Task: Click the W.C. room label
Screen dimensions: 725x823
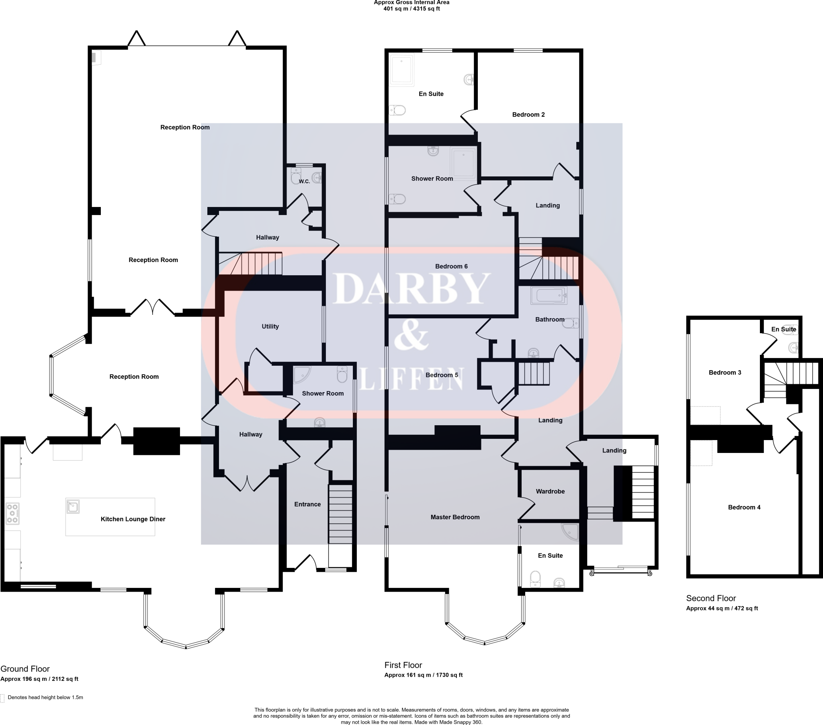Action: coord(304,181)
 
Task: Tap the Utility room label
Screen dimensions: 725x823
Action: coord(270,326)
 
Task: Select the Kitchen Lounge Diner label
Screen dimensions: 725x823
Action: coord(133,519)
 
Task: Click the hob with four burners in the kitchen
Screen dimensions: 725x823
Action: coord(12,514)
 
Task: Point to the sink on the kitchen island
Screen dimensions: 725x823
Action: coord(73,506)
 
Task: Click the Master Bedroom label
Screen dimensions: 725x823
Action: coord(454,517)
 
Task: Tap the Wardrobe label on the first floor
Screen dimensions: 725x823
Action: coord(550,492)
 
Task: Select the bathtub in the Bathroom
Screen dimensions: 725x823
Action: coord(549,296)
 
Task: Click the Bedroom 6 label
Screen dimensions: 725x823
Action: coord(451,266)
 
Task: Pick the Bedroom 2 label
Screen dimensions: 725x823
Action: coord(528,115)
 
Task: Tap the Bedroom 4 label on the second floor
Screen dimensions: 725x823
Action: coord(744,508)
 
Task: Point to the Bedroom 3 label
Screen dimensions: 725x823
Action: coord(725,373)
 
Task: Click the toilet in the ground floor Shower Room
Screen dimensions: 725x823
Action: coord(342,375)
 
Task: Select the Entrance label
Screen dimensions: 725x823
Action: coord(307,504)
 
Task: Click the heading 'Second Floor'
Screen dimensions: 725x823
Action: coord(710,598)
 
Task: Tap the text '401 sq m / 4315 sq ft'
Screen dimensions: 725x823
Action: coord(411,9)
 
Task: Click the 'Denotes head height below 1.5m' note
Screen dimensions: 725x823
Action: coord(45,697)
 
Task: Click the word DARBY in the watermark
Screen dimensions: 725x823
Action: coord(411,289)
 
